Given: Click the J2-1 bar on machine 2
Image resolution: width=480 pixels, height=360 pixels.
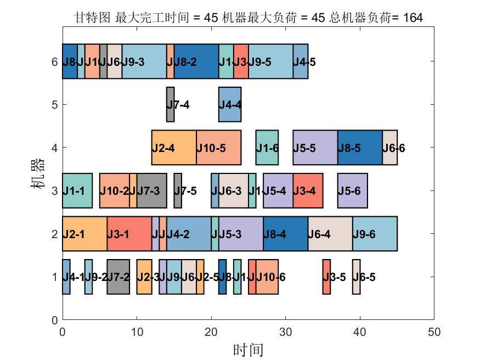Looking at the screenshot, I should coord(84,234).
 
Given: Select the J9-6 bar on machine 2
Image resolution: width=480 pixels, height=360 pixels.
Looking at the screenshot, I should coord(375,234).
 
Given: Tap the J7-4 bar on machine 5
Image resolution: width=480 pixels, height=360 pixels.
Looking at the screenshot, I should coord(170,104).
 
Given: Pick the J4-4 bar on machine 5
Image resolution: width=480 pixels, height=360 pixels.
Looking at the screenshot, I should coord(230,104).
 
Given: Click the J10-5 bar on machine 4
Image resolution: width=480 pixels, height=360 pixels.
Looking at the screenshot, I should coord(218,148).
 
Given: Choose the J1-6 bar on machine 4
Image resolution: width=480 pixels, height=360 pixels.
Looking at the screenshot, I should coord(267,148).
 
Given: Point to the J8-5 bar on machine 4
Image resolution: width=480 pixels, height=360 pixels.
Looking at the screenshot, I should coord(360,148).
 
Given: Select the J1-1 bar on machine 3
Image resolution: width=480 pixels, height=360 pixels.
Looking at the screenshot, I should coord(77,190).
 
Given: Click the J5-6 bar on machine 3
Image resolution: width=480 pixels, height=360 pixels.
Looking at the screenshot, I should coord(353,190).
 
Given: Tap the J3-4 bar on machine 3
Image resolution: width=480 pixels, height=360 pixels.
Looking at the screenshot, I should coord(308,190).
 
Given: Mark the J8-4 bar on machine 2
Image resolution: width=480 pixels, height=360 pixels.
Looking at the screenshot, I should coord(285,234).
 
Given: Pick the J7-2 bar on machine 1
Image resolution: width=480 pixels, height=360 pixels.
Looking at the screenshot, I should coord(118,277).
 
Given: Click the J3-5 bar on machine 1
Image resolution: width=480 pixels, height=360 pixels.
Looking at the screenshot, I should coord(326,277).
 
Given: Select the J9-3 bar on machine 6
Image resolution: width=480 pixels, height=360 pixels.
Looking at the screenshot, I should coord(144,61).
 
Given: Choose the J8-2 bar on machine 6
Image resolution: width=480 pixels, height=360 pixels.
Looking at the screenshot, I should coord(196,61).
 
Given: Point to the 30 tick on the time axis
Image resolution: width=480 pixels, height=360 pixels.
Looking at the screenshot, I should coord(285,332).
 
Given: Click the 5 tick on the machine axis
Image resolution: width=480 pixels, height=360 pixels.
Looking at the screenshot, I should coord(54,104).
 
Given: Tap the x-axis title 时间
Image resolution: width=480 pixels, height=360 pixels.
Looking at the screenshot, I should coord(248,350).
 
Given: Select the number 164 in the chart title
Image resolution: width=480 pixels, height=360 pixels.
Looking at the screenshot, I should coord(413,18).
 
